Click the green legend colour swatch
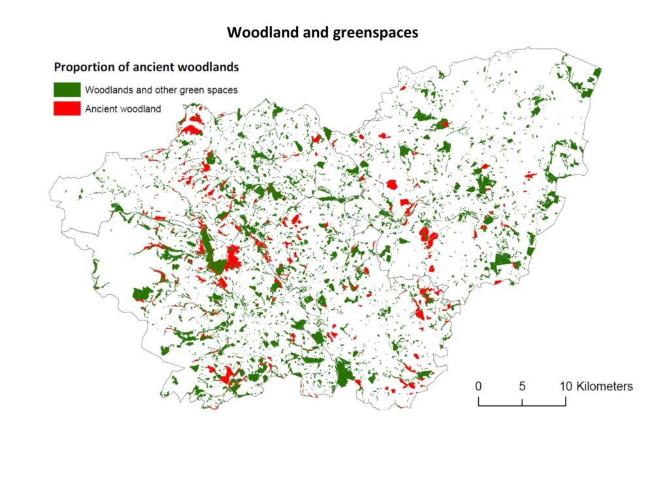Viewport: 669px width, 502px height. (67, 90)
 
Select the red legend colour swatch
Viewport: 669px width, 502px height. (67, 109)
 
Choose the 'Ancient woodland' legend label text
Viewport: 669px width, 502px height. (123, 109)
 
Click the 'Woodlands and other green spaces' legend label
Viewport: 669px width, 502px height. (161, 90)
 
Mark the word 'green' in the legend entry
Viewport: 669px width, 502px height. (191, 90)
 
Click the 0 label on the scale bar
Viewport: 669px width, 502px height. (479, 386)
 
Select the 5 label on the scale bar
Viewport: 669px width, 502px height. (523, 386)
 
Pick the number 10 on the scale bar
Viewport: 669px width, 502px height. (566, 386)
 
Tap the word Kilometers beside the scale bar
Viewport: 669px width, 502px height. (605, 386)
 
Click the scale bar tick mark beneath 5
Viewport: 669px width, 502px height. (523, 401)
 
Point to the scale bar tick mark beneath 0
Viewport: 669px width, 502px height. (479, 401)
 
